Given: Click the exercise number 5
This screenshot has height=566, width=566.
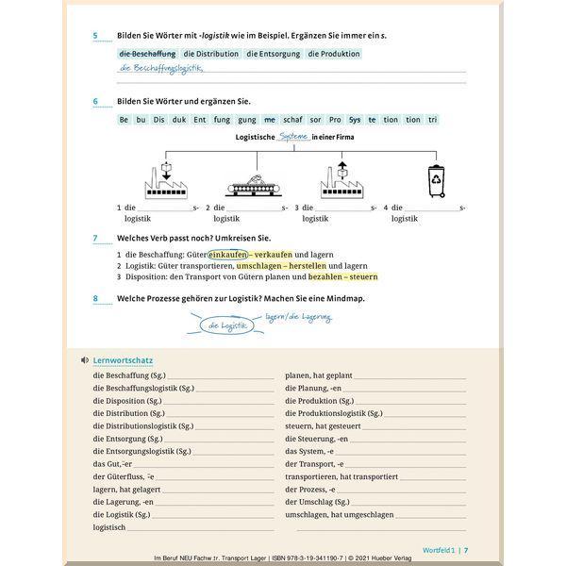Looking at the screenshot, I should [x=95, y=36].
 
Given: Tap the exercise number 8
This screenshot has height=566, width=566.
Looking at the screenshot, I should [x=95, y=300].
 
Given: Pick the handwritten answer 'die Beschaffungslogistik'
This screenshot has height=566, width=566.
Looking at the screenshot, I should [x=161, y=68].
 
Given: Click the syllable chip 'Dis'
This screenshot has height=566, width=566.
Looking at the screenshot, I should [x=159, y=120].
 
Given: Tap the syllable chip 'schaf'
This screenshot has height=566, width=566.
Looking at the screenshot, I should [x=291, y=120].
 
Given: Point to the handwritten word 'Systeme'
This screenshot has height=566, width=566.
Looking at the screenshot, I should [x=295, y=137].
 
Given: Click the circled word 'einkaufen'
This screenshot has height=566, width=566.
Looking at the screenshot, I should [x=228, y=255].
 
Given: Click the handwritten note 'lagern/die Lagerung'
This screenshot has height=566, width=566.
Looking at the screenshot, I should [x=298, y=318].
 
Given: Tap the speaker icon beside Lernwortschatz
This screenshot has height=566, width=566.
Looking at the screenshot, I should [x=85, y=359].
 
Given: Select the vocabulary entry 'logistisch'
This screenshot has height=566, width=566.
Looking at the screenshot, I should [x=109, y=527].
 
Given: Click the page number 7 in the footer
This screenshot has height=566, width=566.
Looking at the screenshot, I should [x=466, y=550].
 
